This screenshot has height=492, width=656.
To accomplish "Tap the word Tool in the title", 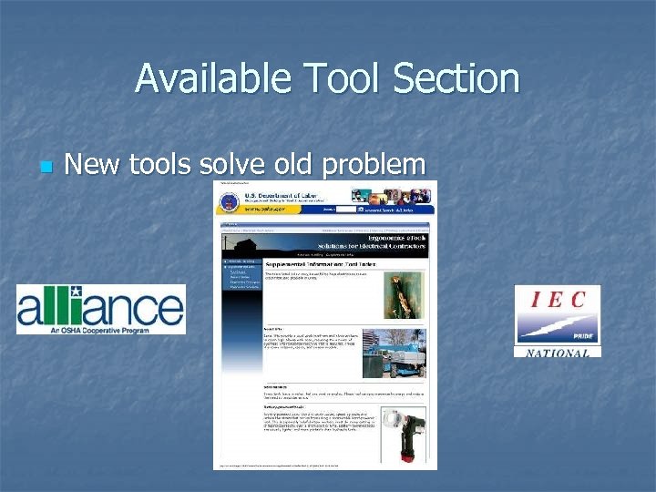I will point(342,78).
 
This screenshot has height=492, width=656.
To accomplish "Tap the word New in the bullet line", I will point(95,165).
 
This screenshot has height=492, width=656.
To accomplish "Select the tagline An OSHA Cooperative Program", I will point(100,325).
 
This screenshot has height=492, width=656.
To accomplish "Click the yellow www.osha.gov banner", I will point(264,209).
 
